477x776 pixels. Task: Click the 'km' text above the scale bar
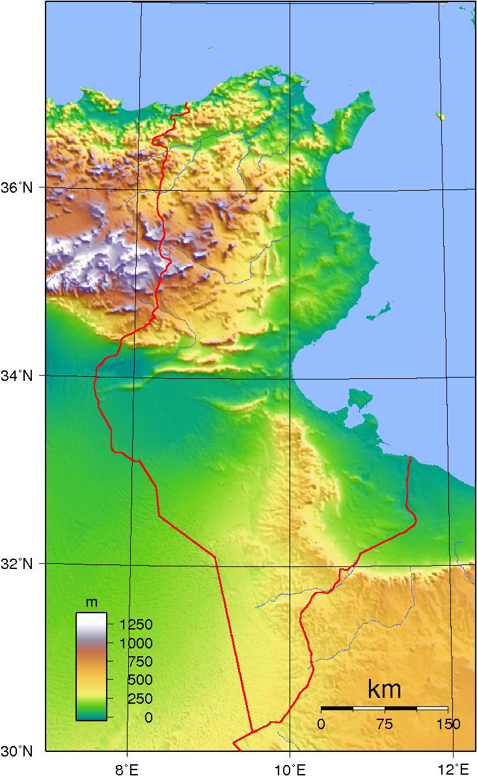[384, 689]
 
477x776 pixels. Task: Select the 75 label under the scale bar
[385, 724]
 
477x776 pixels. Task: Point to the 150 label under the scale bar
[448, 724]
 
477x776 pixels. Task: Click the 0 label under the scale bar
[320, 724]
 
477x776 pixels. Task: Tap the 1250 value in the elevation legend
[135, 625]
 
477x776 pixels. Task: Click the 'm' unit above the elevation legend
[92, 603]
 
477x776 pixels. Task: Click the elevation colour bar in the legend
[91, 666]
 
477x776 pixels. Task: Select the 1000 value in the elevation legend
[135, 643]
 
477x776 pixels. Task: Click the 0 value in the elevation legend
[149, 717]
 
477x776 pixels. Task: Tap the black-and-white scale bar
[384, 708]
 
